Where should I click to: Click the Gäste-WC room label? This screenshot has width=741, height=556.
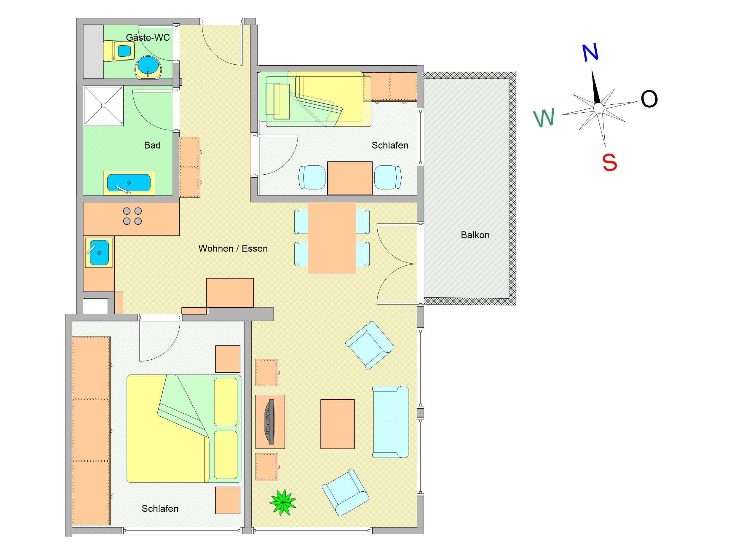pyautogui.click(x=148, y=38)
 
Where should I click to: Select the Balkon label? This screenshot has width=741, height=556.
pyautogui.click(x=475, y=235)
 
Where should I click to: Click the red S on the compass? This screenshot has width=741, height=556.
pyautogui.click(x=609, y=163)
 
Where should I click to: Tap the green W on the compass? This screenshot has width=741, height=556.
pyautogui.click(x=544, y=118)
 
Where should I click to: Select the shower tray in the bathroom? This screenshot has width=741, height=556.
pyautogui.click(x=103, y=106)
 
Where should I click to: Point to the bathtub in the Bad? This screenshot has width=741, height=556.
pyautogui.click(x=129, y=183)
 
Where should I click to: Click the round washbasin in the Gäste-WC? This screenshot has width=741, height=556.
pyautogui.click(x=148, y=68)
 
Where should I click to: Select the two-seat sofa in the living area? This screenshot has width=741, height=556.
pyautogui.click(x=390, y=422)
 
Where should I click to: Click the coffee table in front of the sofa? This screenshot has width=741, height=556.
pyautogui.click(x=337, y=424)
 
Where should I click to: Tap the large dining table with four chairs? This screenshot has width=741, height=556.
pyautogui.click(x=332, y=238)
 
